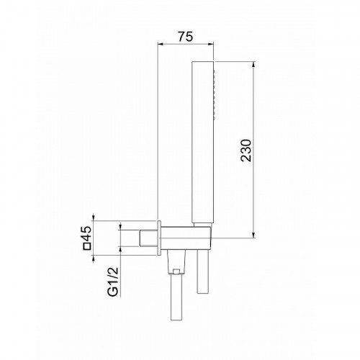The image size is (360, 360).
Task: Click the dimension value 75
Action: coord(186,37)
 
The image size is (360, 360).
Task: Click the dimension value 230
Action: coord(246,150)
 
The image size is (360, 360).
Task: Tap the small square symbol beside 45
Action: coord(86,246)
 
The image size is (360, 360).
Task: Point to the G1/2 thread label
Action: coord(113,281)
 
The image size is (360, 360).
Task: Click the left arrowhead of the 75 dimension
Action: coord(160,44)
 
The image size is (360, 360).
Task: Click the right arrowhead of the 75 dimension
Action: coord(211,44)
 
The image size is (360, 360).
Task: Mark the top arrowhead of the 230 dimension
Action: coord(254,65)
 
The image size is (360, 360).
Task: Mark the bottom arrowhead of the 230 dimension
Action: coord(254,235)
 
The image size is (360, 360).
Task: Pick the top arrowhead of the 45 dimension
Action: coord(94,217)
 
